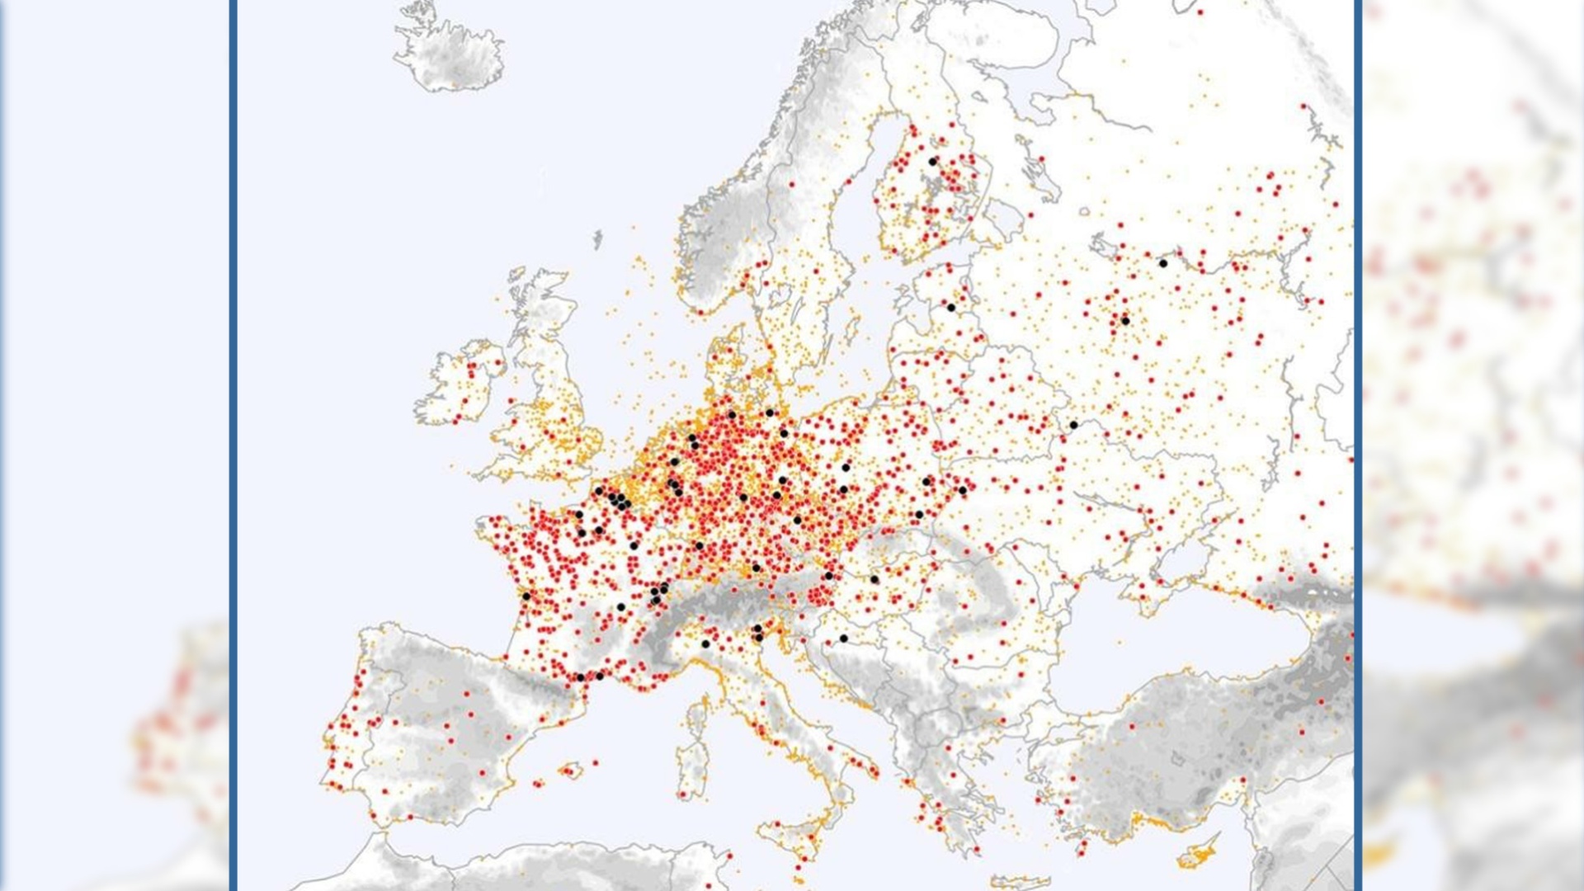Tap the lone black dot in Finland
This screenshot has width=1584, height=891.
pyautogui.click(x=933, y=162)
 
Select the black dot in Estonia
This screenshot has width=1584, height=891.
pyautogui.click(x=950, y=308)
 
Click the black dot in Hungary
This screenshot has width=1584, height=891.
pyautogui.click(x=874, y=579)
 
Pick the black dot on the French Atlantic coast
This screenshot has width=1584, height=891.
pyautogui.click(x=526, y=596)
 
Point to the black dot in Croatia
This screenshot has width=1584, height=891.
pyautogui.click(x=843, y=638)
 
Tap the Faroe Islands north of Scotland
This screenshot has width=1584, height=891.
pyautogui.click(x=597, y=239)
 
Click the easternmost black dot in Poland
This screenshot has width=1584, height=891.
pyautogui.click(x=962, y=490)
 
